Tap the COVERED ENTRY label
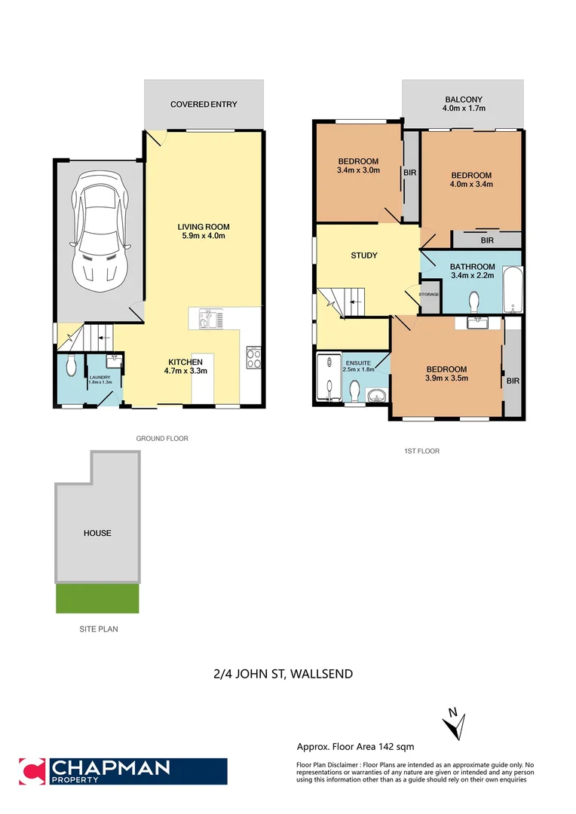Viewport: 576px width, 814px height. click(x=204, y=104)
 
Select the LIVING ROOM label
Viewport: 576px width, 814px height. click(x=204, y=231)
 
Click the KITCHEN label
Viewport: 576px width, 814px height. click(x=185, y=366)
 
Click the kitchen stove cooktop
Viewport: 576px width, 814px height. click(x=253, y=357)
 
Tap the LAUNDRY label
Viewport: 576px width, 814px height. click(x=100, y=378)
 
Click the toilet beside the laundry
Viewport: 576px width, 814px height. click(x=71, y=366)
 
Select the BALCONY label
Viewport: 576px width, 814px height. click(x=464, y=103)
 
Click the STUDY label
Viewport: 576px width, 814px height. click(x=364, y=256)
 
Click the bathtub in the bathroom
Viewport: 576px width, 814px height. click(x=513, y=289)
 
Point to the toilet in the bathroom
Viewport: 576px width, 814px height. click(x=474, y=301)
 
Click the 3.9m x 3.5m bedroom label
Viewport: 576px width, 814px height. click(x=447, y=373)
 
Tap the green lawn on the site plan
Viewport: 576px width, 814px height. click(x=97, y=598)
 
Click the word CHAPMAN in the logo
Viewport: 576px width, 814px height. click(x=110, y=768)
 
